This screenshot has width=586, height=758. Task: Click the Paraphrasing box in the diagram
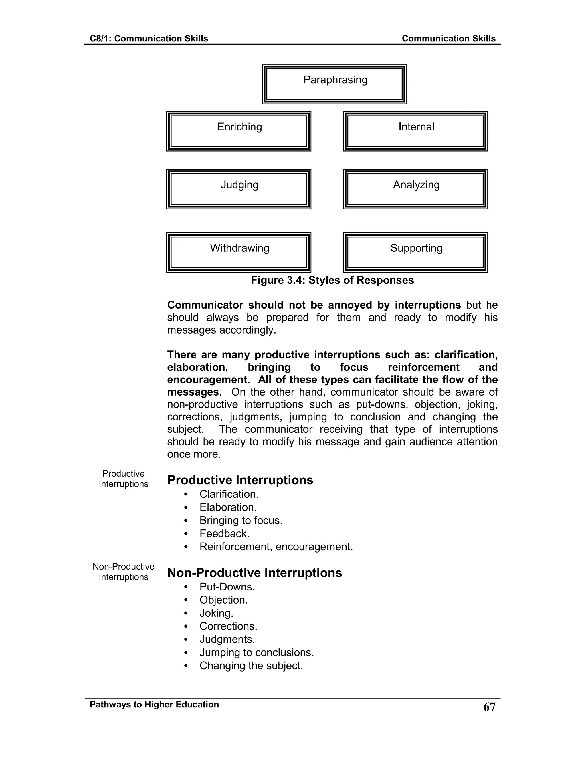click(334, 84)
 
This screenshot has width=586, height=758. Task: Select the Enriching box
click(239, 131)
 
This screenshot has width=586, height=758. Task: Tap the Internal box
click(415, 131)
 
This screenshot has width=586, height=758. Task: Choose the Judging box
click(239, 189)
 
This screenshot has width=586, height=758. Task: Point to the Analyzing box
click(415, 189)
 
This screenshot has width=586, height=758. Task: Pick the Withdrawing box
click(239, 252)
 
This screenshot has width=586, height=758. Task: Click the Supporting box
click(415, 252)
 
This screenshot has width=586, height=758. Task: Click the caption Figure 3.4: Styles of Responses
click(332, 280)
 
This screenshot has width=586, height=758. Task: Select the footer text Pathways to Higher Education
click(154, 705)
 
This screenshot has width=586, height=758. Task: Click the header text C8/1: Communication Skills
click(149, 39)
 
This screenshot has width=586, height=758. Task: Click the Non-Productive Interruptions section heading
click(254, 573)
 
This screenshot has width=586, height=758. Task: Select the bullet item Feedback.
click(224, 533)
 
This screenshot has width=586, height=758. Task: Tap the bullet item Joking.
click(216, 613)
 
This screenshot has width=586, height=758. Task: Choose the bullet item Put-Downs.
click(227, 587)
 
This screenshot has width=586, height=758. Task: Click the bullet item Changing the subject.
click(251, 666)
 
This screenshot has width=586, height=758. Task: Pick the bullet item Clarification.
click(229, 494)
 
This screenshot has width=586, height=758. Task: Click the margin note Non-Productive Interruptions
click(123, 572)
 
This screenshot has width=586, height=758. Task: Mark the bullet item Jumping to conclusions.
click(257, 652)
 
